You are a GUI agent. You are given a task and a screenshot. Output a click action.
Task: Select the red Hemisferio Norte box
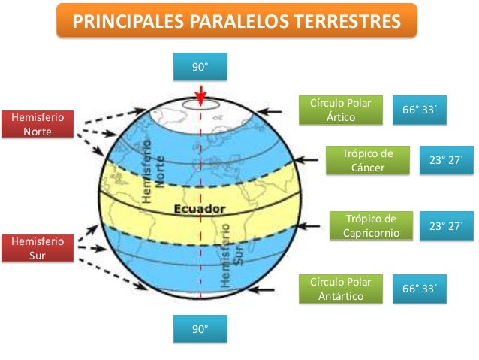(38, 125)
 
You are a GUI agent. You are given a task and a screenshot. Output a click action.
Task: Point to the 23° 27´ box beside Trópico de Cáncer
(445, 159)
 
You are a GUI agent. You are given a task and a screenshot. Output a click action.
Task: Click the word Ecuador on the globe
(197, 208)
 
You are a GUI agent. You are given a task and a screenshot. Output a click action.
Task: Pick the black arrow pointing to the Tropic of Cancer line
(308, 159)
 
